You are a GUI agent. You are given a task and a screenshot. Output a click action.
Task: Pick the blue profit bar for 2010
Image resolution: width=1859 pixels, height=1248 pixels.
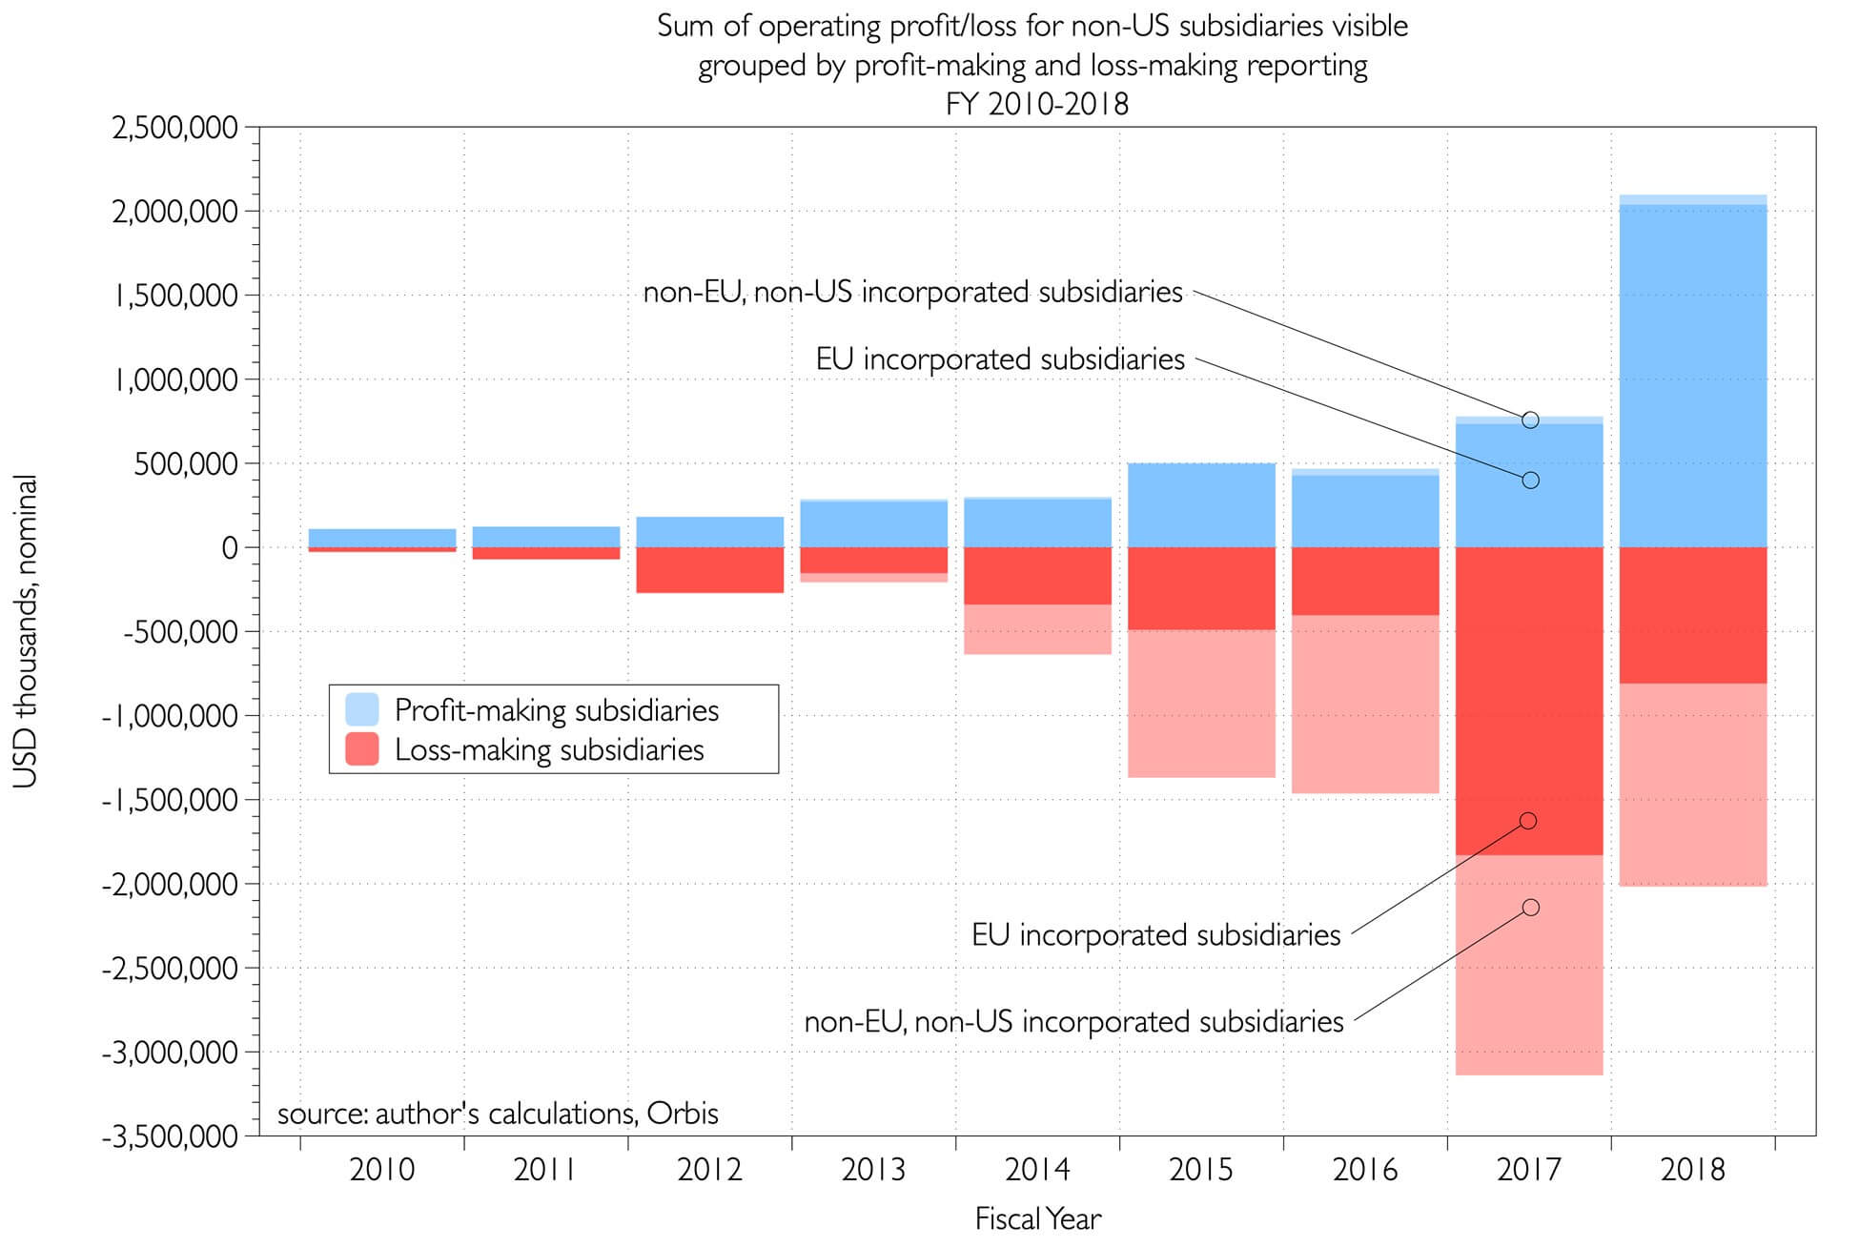(x=382, y=538)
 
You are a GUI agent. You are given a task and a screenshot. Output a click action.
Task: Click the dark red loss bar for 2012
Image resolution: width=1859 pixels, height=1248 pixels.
(x=710, y=570)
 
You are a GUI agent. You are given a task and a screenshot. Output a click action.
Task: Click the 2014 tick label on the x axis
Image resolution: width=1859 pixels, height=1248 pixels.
(x=1037, y=1170)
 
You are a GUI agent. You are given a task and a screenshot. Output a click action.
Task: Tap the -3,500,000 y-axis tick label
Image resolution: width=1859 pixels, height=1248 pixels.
(x=170, y=1136)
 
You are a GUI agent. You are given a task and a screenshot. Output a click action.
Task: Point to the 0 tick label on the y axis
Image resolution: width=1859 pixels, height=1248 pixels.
(x=229, y=548)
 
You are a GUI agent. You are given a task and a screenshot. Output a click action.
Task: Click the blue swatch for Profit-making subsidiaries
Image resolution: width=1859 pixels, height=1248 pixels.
(x=361, y=710)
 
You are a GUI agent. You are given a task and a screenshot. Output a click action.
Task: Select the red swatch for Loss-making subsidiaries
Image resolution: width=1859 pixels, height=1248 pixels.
(x=361, y=749)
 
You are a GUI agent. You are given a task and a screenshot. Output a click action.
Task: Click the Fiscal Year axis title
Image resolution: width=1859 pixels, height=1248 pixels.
(x=1037, y=1218)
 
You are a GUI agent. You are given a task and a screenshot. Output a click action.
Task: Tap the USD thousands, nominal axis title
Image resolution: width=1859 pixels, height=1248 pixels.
(x=26, y=631)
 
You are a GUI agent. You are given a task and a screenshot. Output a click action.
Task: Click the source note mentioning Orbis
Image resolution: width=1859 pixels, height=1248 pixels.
(x=498, y=1114)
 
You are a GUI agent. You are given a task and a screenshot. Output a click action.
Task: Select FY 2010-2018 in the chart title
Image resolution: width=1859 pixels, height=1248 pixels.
(x=1036, y=103)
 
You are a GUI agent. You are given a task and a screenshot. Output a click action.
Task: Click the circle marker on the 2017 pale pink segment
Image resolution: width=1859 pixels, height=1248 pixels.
(x=1530, y=908)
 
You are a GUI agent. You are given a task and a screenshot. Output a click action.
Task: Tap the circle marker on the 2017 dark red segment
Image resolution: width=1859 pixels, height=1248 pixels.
(x=1528, y=821)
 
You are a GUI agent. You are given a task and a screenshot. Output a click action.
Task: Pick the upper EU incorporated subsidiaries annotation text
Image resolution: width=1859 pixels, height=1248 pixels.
(x=1000, y=359)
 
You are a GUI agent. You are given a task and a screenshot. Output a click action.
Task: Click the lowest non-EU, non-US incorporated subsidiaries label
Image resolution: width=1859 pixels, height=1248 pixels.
(x=1073, y=1022)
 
